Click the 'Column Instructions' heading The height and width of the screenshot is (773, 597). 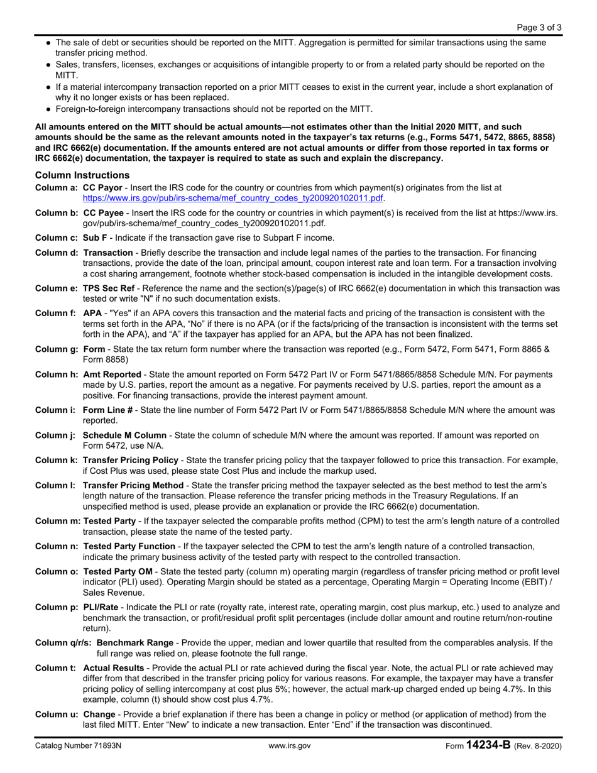pos(82,175)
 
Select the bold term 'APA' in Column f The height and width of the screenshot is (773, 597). pos(92,313)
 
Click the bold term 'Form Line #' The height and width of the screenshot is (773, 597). pos(107,410)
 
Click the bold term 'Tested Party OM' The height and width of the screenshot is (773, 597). pos(118,571)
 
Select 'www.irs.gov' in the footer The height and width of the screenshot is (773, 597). pos(290,747)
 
